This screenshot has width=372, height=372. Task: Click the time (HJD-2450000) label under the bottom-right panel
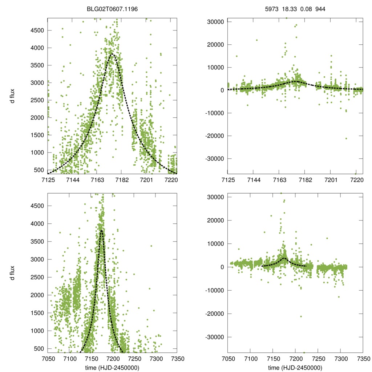tap(295, 368)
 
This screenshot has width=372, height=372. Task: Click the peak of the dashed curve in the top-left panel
tap(112, 54)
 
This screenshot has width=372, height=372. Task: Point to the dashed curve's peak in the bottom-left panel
tap(101, 230)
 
